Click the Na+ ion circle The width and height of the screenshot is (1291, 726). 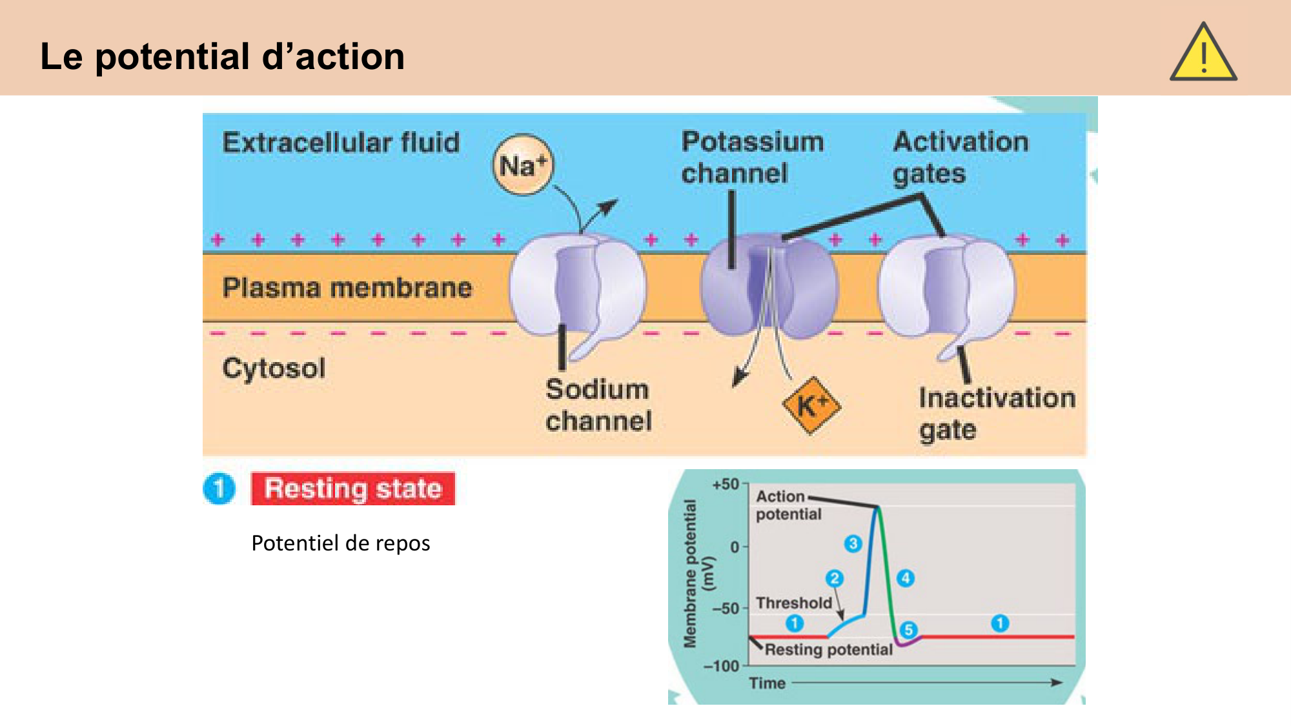[523, 165]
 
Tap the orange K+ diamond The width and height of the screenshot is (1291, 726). [811, 406]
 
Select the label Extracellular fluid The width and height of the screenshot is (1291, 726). [341, 143]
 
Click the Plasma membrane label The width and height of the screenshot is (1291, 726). [347, 288]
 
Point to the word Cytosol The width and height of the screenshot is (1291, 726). [274, 368]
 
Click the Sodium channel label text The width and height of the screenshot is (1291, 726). [598, 405]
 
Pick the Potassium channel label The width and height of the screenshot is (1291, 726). [753, 157]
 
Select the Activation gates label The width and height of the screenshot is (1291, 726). [961, 157]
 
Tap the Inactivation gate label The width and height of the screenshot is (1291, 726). [997, 414]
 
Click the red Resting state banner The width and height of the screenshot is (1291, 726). [353, 489]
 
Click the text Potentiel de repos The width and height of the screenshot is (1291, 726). [340, 543]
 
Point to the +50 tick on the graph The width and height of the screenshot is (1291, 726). [726, 484]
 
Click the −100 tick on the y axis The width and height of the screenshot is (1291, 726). [721, 666]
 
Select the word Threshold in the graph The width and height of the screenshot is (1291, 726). [794, 603]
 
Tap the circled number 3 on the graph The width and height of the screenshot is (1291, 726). [853, 544]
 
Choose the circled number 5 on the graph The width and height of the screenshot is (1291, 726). [908, 630]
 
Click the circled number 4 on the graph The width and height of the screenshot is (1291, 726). [906, 578]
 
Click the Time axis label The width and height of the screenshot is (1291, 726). [767, 683]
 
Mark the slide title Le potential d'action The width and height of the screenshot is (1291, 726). [223, 57]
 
